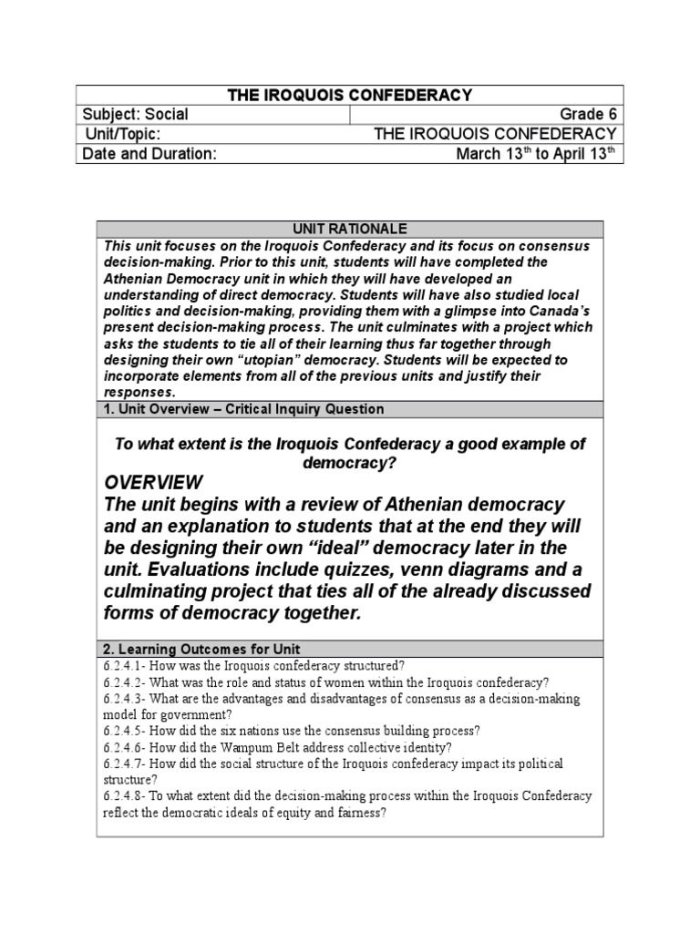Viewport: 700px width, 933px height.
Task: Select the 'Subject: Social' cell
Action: [136, 114]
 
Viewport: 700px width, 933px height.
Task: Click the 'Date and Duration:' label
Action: [149, 154]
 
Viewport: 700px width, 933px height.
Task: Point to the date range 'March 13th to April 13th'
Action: [538, 153]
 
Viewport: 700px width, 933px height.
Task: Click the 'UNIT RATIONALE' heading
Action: [349, 229]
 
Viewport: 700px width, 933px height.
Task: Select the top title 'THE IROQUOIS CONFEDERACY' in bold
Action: [349, 95]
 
